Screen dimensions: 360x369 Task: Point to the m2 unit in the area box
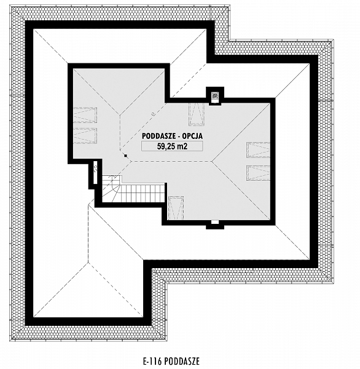coord(182,146)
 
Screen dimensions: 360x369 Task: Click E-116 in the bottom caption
coord(152,360)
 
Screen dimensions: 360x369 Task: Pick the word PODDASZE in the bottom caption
coord(182,360)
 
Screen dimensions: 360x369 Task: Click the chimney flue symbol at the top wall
coord(215,96)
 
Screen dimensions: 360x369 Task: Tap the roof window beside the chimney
coord(197,114)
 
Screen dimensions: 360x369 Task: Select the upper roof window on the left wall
coord(85,115)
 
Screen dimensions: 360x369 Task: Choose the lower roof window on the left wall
coord(85,135)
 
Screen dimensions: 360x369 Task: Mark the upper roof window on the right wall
coord(258,149)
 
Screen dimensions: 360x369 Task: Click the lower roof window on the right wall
coord(258,173)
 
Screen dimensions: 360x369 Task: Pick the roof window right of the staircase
coord(176,208)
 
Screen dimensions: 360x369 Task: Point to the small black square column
coord(126,156)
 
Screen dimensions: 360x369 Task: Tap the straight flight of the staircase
coord(141,194)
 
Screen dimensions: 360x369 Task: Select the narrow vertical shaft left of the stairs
coord(95,172)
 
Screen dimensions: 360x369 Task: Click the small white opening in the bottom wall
coord(215,222)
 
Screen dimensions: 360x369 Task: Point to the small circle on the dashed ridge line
coord(153,114)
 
